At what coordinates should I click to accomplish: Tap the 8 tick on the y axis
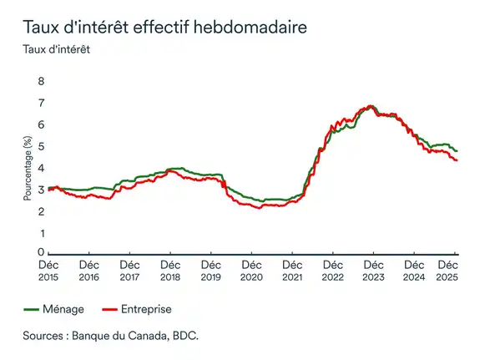pos(39,82)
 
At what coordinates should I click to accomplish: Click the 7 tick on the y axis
pos(39,104)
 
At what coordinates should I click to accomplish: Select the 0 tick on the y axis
pos(39,252)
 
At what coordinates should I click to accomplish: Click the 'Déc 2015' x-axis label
pos(48,270)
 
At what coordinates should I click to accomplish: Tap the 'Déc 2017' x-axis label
pos(129,270)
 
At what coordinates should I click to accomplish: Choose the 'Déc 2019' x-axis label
pos(211,270)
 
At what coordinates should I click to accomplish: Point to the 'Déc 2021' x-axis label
pos(292,270)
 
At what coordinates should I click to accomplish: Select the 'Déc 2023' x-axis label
pos(373,270)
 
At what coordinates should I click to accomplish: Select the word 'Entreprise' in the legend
pos(145,309)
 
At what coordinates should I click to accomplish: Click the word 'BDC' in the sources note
pos(186,336)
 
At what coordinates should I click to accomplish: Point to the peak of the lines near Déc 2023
pos(371,107)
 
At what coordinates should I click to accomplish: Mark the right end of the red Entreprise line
pos(457,160)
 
